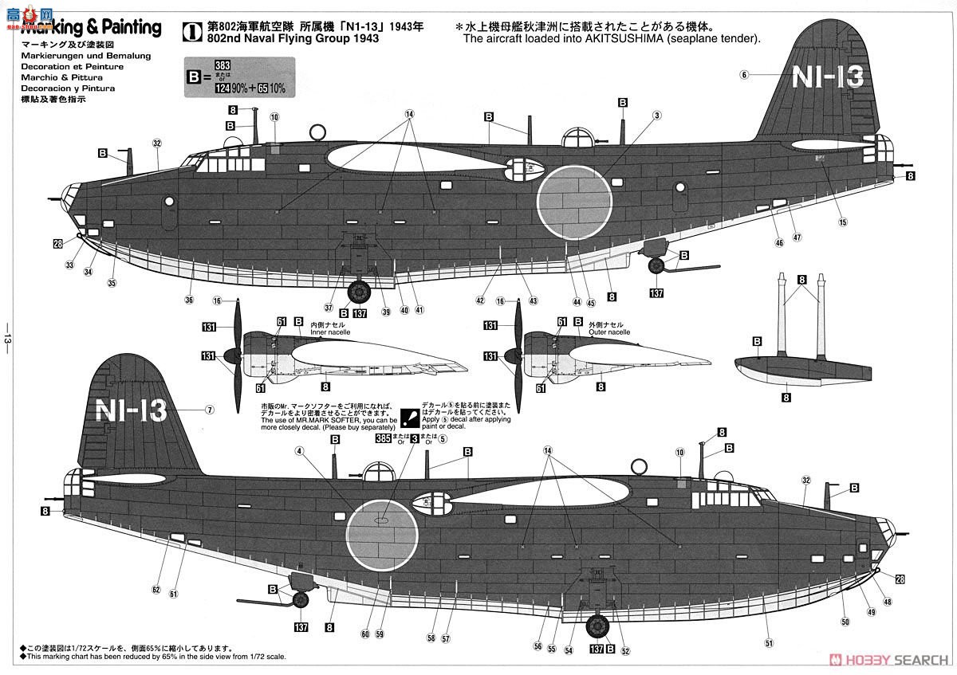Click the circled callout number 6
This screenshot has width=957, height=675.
(x=743, y=75)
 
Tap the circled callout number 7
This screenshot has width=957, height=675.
(x=210, y=410)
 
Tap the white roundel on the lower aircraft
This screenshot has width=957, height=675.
(x=381, y=535)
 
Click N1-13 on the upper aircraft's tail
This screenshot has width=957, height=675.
(x=828, y=77)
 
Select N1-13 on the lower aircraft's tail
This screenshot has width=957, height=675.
(x=130, y=410)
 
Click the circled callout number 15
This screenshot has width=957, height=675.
(x=842, y=222)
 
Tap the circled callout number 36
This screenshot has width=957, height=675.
(x=189, y=300)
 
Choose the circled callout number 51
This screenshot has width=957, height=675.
(x=769, y=643)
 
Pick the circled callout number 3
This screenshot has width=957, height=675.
(x=657, y=116)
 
